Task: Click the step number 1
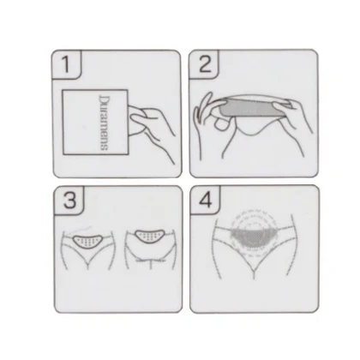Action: (66, 64)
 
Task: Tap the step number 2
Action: (205, 64)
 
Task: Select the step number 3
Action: (69, 200)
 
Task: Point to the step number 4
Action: (206, 200)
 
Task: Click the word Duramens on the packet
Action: (104, 123)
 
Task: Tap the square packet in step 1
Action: (95, 123)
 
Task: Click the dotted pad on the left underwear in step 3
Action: (88, 242)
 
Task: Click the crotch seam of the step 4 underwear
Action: (254, 272)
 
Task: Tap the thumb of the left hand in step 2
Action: (222, 123)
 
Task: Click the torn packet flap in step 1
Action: (136, 121)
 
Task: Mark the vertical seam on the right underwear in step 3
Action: (151, 264)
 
